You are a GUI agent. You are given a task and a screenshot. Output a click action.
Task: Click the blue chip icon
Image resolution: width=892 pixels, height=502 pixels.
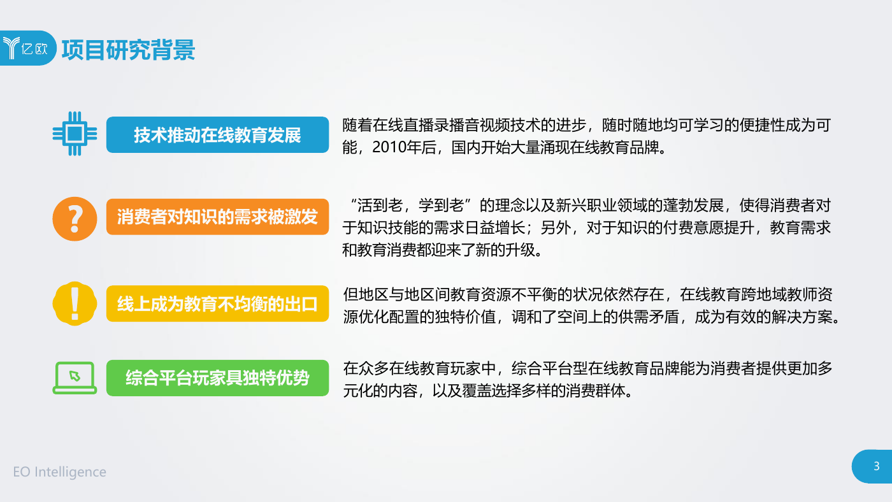point(75,134)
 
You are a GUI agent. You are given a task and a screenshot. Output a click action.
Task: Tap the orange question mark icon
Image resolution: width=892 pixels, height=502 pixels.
point(75,219)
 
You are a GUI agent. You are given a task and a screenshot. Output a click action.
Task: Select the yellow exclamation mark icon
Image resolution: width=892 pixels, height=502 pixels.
point(75,304)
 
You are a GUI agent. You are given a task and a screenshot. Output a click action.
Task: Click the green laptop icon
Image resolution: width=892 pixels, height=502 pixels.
point(75,378)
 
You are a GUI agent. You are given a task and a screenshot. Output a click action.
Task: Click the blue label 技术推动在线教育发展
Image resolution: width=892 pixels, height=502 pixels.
point(217,135)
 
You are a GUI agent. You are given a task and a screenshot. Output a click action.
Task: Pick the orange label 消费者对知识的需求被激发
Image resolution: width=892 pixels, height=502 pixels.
point(217,217)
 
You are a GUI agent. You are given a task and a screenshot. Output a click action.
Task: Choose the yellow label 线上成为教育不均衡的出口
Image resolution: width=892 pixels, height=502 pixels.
point(217,304)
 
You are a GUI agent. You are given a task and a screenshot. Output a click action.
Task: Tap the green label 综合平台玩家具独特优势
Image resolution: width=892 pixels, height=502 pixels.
point(217,378)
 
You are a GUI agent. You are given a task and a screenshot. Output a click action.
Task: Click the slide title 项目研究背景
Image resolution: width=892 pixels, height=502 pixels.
point(128,50)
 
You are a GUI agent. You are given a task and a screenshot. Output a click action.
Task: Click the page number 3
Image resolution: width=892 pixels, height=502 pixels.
point(876,466)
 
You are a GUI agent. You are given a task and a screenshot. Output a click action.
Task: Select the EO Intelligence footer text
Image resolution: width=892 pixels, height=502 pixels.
point(60,472)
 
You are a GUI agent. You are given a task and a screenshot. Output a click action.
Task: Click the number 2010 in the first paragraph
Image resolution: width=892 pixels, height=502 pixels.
point(388,148)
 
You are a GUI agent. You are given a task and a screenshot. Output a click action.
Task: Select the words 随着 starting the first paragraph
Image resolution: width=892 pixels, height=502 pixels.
point(357,125)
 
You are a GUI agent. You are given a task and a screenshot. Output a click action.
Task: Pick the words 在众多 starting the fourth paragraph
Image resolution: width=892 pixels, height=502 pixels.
point(366,369)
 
